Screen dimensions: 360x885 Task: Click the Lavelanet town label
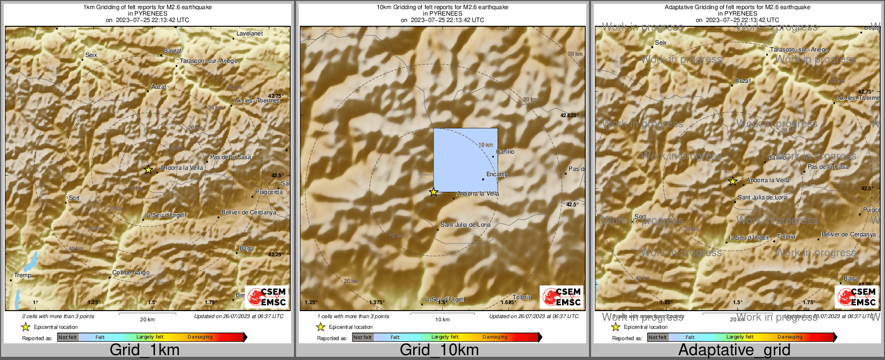[249, 34]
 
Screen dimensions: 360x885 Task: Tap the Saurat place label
[173, 51]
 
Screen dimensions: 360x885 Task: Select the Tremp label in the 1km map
[23, 276]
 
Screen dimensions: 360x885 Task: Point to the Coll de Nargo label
[131, 273]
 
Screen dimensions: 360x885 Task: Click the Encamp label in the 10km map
[497, 175]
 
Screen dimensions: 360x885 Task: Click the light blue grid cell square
[465, 160]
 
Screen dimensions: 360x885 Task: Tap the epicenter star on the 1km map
[148, 170]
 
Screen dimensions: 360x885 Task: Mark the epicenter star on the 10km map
[434, 192]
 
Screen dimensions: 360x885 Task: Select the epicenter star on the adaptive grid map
[732, 182]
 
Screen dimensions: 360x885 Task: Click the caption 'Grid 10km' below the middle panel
[439, 350]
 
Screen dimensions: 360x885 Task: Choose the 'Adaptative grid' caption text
[734, 350]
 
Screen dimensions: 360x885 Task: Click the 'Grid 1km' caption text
[144, 350]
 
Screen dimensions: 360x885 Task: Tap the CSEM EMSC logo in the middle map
[562, 297]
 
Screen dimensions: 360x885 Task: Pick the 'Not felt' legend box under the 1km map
[68, 337]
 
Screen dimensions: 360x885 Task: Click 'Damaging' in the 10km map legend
[495, 337]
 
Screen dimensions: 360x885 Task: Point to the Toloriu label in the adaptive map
[786, 237]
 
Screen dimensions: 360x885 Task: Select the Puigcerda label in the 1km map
[269, 192]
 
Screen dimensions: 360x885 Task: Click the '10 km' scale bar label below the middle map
[442, 320]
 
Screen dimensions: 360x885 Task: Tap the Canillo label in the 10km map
[505, 152]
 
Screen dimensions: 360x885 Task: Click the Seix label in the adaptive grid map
[661, 43]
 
